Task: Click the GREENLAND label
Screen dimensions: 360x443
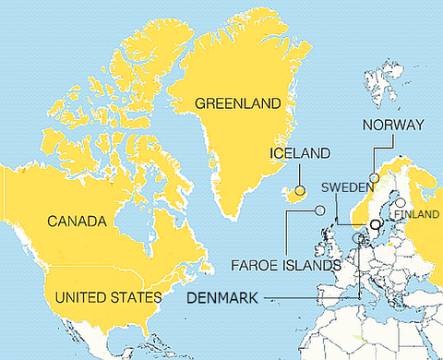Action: tap(237, 104)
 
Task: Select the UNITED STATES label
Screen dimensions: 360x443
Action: tap(109, 297)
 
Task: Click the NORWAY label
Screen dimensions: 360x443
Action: tap(393, 125)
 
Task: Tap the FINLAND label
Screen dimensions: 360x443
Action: tap(416, 214)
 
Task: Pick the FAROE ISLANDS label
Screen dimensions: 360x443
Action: tap(285, 265)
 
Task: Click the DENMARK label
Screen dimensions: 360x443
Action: tap(223, 297)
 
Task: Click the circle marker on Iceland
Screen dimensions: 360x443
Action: tap(300, 190)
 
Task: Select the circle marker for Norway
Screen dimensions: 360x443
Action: tap(375, 178)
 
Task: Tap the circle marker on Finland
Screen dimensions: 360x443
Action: tap(401, 202)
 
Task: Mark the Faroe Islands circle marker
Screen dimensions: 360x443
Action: tap(320, 210)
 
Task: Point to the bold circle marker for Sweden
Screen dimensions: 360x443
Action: tap(375, 224)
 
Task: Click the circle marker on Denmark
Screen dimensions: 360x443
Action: tap(359, 237)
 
